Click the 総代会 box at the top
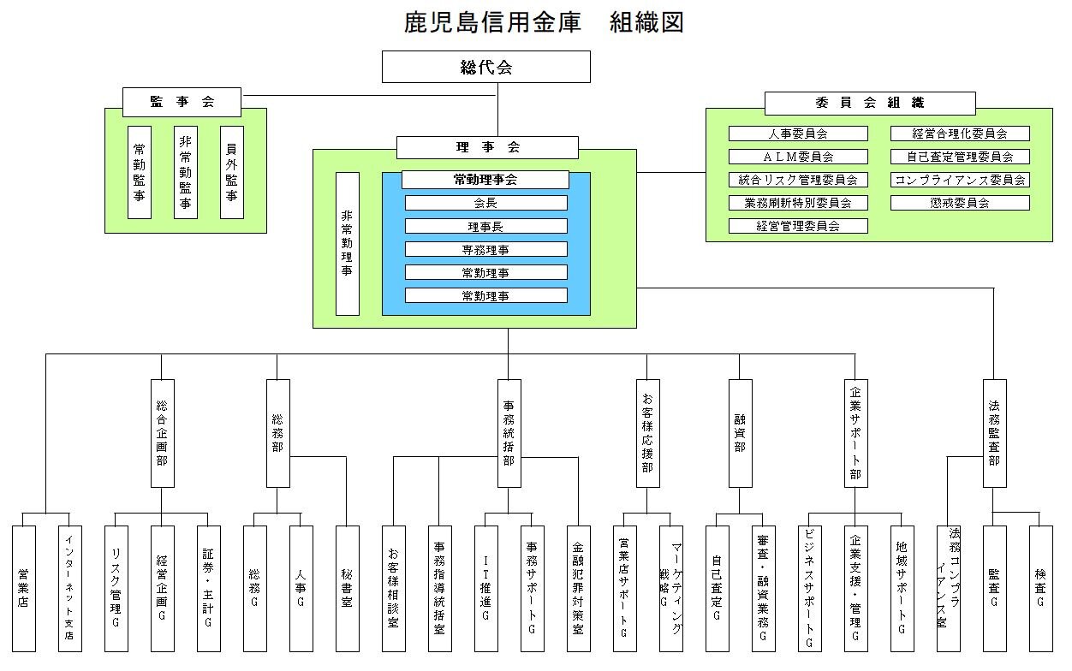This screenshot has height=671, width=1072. (x=485, y=67)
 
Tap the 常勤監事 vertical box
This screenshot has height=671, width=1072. (x=140, y=172)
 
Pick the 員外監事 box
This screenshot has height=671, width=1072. (x=231, y=172)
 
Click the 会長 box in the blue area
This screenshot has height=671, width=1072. (x=485, y=203)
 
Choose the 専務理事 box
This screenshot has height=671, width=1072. (x=485, y=249)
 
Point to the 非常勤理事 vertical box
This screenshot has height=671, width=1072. (x=347, y=244)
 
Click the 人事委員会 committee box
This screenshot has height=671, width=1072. (x=798, y=134)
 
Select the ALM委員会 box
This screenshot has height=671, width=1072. (x=798, y=157)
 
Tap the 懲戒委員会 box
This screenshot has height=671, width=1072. (x=960, y=203)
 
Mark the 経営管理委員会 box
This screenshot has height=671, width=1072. (x=798, y=226)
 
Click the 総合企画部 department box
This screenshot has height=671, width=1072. (x=162, y=433)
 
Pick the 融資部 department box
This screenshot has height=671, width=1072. (x=740, y=433)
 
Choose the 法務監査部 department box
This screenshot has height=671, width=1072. (x=994, y=433)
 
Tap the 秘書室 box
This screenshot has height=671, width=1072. (x=347, y=589)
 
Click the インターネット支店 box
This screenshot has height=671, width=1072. (x=70, y=589)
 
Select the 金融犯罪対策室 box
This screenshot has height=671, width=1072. (x=578, y=589)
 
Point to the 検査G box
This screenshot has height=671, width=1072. (x=1040, y=589)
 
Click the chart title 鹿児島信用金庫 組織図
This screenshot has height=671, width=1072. (x=544, y=22)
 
